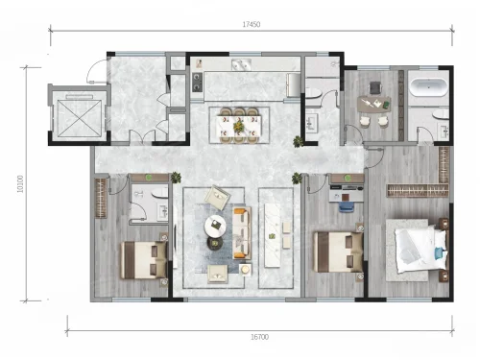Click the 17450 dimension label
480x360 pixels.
tap(252, 24)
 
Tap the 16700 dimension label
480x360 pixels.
tap(259, 337)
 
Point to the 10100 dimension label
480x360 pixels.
tap(20, 183)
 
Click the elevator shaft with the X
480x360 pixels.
tap(79, 116)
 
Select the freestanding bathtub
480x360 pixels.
tap(429, 87)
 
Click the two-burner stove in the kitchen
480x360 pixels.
tap(197, 82)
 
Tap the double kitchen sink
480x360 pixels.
tap(241, 64)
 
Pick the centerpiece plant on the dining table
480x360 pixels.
tap(238, 127)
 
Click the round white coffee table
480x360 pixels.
tap(215, 226)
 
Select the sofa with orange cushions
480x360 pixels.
tap(242, 233)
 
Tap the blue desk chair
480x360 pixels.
tap(346, 206)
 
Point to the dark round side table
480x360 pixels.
tap(215, 243)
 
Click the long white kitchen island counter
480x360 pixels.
tap(272, 236)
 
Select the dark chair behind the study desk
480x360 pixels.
tap(375, 88)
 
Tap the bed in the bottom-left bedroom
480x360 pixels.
tap(144, 260)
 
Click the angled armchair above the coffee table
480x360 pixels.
tap(218, 197)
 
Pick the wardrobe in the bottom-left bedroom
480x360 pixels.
tap(101, 199)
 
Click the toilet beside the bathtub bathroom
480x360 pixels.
tap(441, 114)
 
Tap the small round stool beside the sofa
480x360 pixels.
tap(245, 270)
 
